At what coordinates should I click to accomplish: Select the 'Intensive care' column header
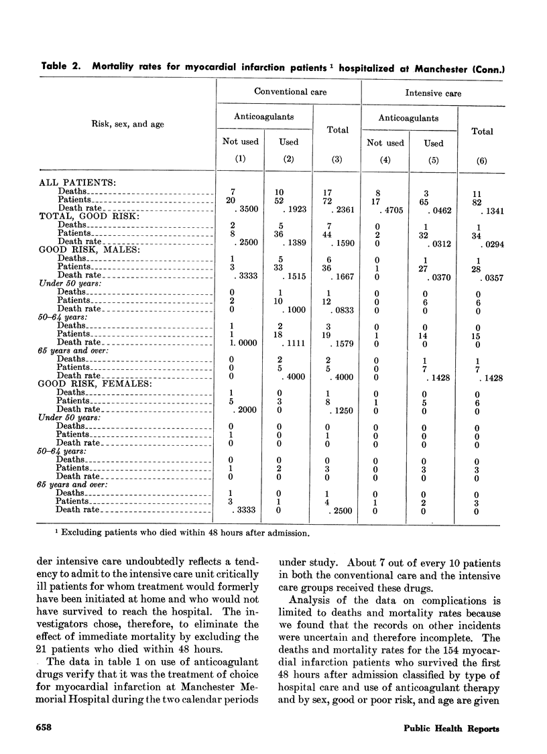tap(434, 92)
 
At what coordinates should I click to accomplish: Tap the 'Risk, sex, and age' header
tap(128, 124)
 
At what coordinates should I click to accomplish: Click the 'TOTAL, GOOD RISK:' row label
tap(82, 216)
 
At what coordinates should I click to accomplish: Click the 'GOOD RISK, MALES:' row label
tap(82, 249)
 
